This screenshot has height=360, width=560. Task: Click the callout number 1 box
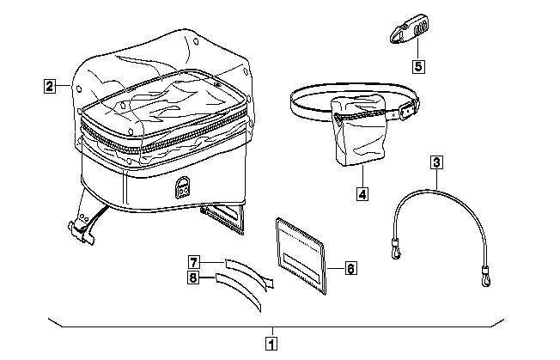(x=271, y=345)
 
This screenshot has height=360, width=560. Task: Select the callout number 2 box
(x=51, y=85)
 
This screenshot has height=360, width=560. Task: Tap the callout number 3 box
(x=437, y=161)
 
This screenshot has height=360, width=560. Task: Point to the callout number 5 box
(x=417, y=65)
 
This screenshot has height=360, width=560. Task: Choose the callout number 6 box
(x=350, y=268)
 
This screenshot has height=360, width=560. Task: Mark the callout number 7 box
(x=194, y=261)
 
